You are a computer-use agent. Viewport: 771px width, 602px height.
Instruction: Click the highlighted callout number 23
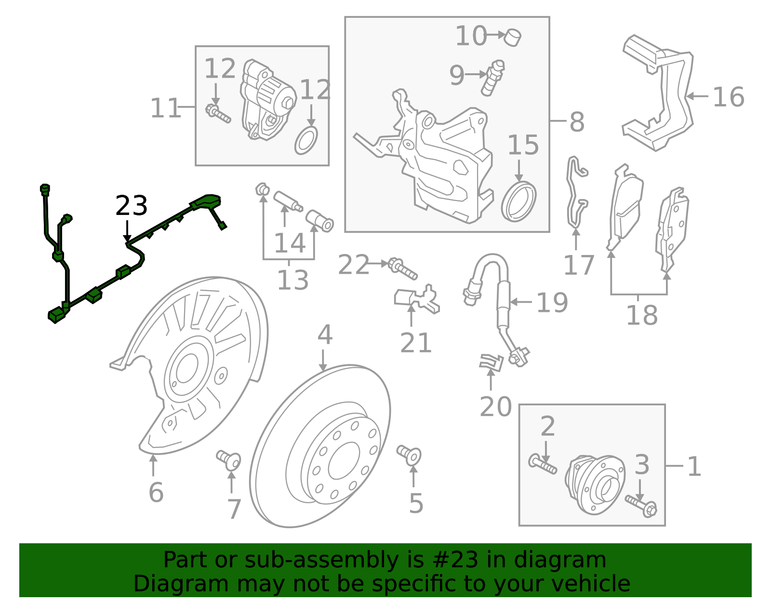tap(131, 206)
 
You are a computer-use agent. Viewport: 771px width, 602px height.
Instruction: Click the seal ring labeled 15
tap(518, 201)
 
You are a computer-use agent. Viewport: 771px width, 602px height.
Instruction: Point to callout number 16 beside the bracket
tap(728, 97)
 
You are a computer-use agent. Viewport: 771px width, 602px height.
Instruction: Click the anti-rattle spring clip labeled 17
tap(576, 193)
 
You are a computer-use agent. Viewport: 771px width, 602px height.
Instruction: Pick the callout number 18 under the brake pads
tap(641, 316)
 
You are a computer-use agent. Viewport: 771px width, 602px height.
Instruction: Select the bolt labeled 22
tap(403, 268)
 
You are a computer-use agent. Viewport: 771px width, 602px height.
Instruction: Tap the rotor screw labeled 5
tap(410, 455)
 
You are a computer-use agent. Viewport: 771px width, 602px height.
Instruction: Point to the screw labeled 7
tap(229, 459)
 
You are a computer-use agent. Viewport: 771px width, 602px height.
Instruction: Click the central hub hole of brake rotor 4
tap(344, 461)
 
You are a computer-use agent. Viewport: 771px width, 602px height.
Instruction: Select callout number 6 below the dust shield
tap(156, 493)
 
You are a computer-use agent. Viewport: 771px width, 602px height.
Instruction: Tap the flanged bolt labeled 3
tap(641, 506)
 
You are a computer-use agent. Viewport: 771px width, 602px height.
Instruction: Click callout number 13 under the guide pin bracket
tap(292, 280)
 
